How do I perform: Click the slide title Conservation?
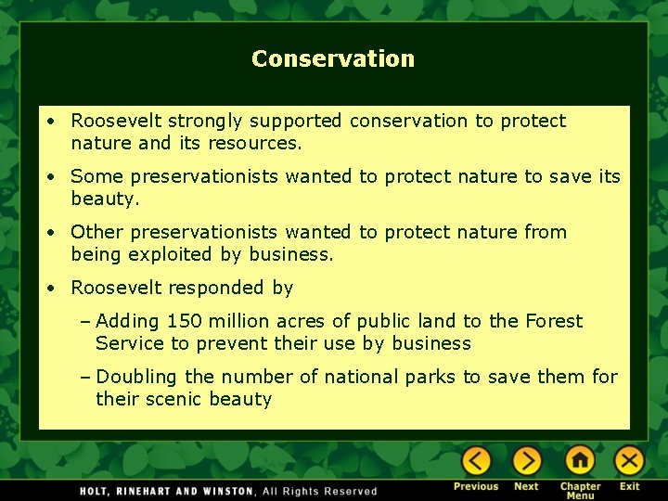tap(333, 58)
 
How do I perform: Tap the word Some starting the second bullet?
tap(97, 176)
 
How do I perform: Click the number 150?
tap(182, 321)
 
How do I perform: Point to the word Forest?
tap(554, 321)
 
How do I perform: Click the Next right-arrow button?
tap(526, 461)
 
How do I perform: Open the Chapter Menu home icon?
tap(580, 461)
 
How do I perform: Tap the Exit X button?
tap(629, 461)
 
